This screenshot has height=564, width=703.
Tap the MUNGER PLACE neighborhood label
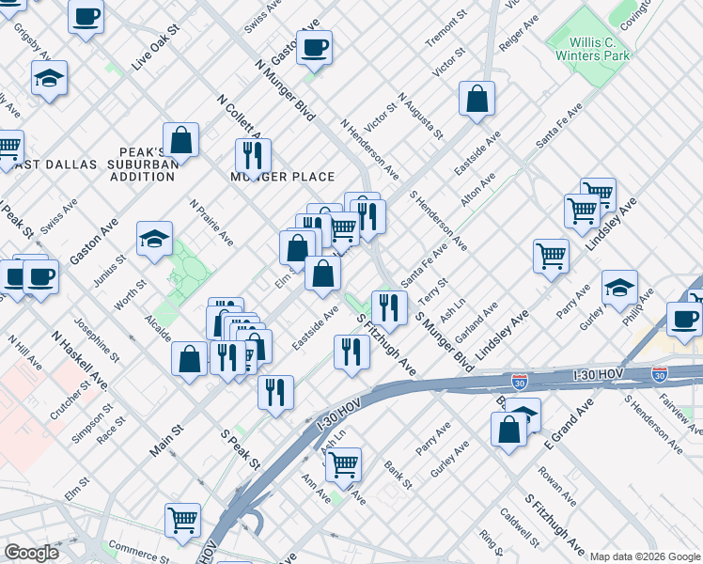coord(283,177)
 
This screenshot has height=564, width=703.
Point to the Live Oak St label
coord(155,54)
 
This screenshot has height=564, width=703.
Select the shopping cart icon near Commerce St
coord(182,519)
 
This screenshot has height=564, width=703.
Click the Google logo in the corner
coord(31,552)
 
